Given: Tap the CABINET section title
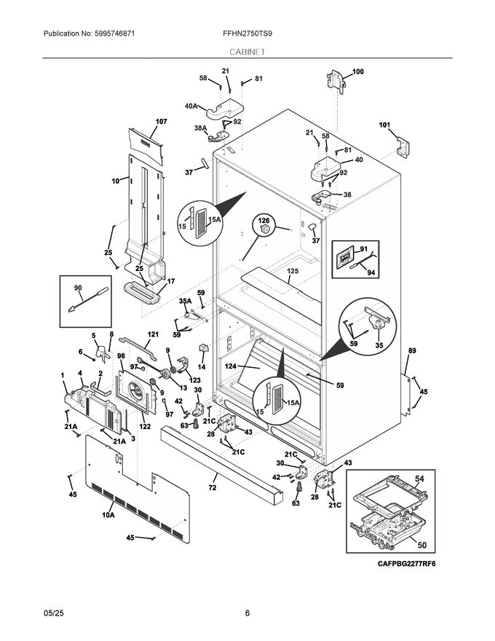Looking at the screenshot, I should point(247,52).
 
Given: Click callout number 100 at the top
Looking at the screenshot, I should point(358,71).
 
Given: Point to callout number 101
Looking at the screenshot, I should point(384,125).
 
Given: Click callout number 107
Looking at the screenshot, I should point(161,121).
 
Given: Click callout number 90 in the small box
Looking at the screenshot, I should point(78,288).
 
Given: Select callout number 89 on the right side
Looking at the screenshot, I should point(412,351).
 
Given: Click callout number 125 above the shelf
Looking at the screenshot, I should point(293,270).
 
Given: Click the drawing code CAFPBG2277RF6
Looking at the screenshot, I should point(409,565).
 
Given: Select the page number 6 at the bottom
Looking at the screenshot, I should point(247,613).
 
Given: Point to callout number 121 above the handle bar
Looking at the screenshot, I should point(153,334).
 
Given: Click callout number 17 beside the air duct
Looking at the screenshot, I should point(172,281).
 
